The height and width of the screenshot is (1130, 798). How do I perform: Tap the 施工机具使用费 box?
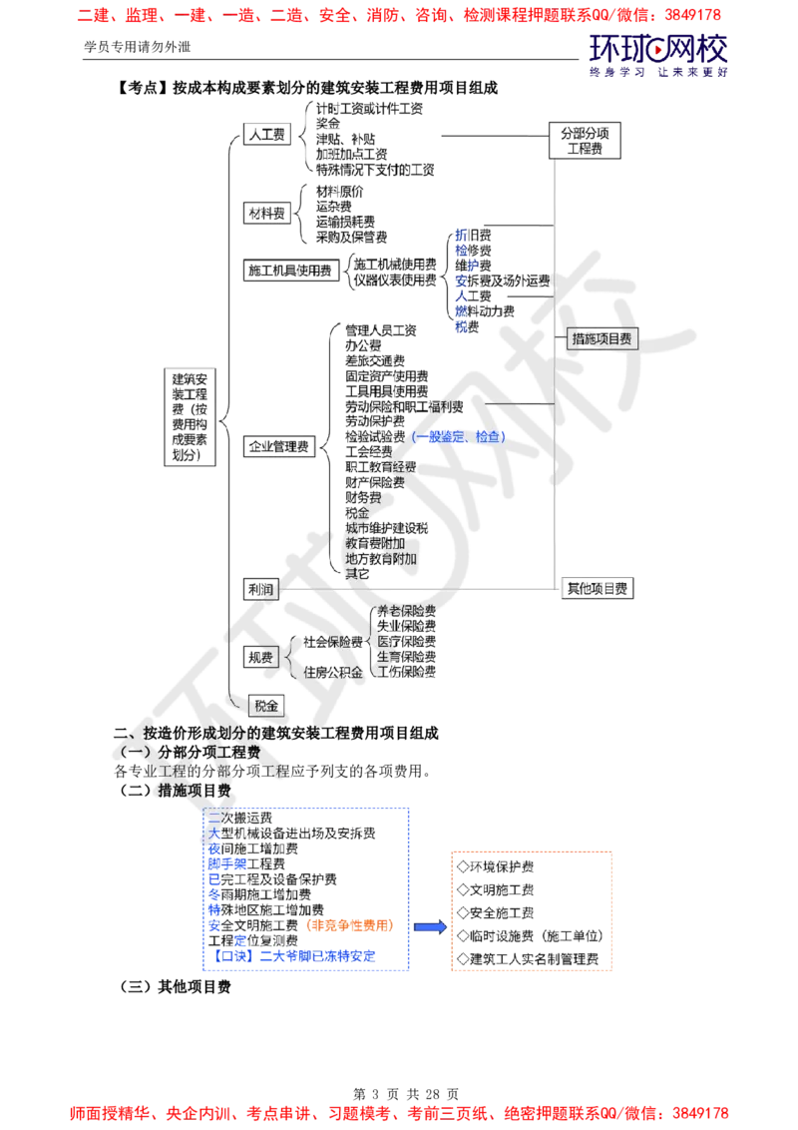click(x=289, y=271)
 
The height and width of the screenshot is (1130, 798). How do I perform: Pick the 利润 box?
click(x=261, y=589)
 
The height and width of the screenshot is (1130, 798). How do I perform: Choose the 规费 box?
click(x=260, y=657)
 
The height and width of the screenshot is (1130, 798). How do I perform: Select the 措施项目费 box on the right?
click(x=601, y=339)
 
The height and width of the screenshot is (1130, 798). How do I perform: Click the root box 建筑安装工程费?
click(x=191, y=417)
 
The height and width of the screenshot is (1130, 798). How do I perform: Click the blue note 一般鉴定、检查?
click(x=459, y=437)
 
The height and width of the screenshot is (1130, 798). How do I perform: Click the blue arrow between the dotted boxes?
click(x=429, y=927)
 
